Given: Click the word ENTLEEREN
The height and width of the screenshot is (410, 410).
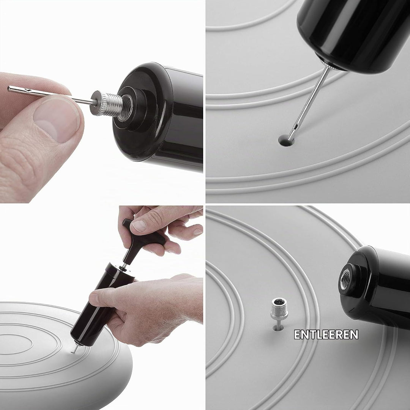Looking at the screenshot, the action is pyautogui.click(x=326, y=334).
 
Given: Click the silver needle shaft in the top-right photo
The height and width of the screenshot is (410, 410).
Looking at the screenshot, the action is pyautogui.click(x=309, y=102).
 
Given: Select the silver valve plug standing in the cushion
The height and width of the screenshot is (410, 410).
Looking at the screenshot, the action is pyautogui.click(x=279, y=313).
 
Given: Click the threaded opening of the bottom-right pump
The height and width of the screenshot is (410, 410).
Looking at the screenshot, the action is pyautogui.click(x=345, y=280).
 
